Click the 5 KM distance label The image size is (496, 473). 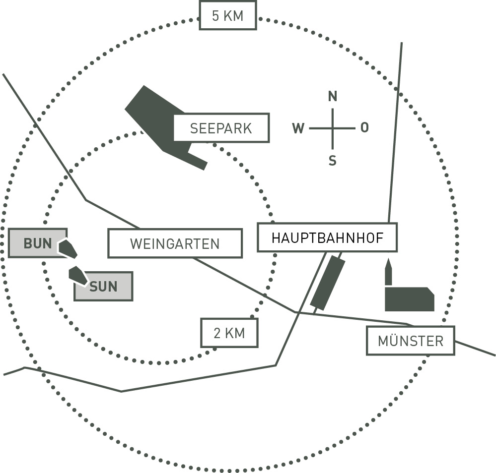228,15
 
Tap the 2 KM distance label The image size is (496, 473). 229,333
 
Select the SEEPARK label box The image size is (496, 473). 221,128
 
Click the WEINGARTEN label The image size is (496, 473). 175,243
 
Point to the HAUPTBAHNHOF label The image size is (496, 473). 327,237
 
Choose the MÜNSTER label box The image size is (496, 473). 410,341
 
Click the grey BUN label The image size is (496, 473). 37,243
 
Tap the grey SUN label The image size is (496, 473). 103,286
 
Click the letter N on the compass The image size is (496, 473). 333,96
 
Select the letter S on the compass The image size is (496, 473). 333,160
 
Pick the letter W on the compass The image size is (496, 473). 298,128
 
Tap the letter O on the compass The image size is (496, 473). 364,128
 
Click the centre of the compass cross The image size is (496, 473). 333,128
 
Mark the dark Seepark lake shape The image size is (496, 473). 154,119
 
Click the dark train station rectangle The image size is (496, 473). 328,283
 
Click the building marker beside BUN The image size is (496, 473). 68,248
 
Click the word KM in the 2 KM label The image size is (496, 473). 236,333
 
